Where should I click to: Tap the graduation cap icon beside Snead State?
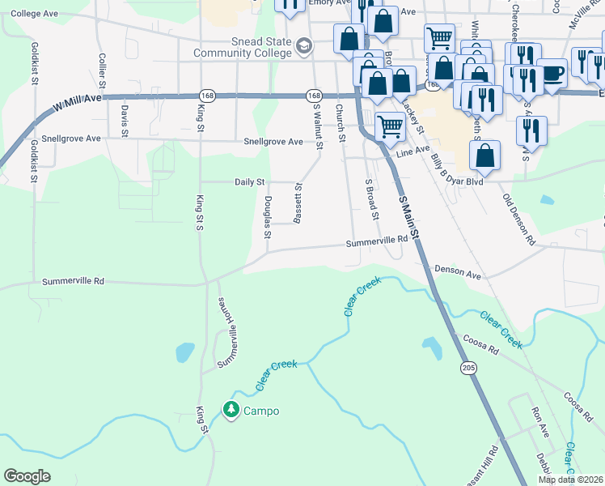304,46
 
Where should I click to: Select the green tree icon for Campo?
232,411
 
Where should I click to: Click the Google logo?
27,476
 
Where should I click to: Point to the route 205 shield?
470,369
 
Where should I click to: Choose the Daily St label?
250,182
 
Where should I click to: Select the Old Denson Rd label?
518,219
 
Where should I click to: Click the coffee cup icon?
552,75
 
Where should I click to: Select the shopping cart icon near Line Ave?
391,126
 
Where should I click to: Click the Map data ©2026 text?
570,480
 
